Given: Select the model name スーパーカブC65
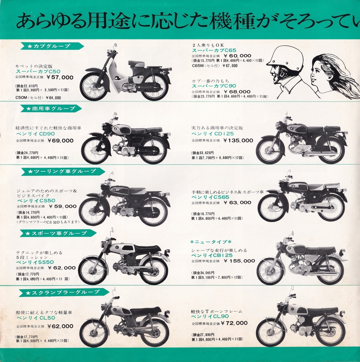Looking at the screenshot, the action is (214, 50).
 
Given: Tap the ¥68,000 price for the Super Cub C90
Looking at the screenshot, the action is (237, 92).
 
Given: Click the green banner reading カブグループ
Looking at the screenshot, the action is (52, 46).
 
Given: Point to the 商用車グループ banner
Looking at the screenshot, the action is (51, 108).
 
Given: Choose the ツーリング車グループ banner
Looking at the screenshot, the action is (63, 171).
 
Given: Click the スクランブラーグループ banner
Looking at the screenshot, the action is (65, 292).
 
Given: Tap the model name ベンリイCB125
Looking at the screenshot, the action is (212, 255).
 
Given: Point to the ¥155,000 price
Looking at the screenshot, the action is (239, 261).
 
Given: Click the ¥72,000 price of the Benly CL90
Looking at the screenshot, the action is (234, 323).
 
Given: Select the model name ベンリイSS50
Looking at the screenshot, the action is (35, 262).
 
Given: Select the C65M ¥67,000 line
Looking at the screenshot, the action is (214, 65).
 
